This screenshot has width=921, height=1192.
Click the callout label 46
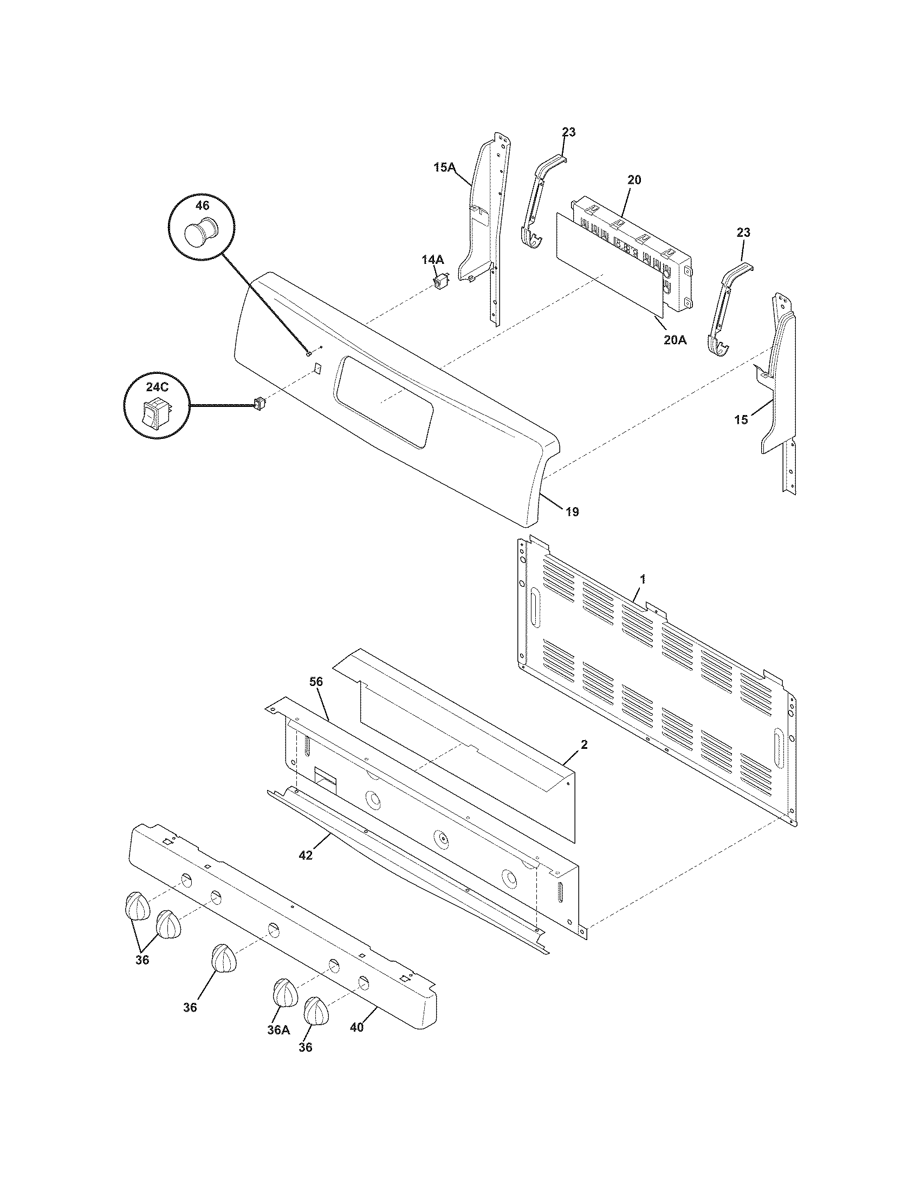click(x=202, y=206)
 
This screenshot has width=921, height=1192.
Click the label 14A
click(x=432, y=260)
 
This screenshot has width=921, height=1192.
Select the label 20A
click(x=675, y=340)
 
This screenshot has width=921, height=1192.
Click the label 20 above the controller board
click(x=634, y=179)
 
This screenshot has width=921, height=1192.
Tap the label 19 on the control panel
click(x=572, y=511)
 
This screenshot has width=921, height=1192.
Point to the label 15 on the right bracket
click(x=741, y=420)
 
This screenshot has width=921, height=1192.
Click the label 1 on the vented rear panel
click(x=643, y=579)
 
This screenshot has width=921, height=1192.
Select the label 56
click(x=316, y=682)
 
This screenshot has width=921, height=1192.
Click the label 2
click(x=584, y=744)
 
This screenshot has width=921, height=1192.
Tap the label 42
click(x=306, y=856)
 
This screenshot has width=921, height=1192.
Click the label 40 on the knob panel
click(x=356, y=1027)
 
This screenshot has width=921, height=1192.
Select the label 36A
click(x=278, y=1029)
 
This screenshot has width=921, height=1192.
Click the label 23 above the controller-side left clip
click(x=568, y=132)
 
